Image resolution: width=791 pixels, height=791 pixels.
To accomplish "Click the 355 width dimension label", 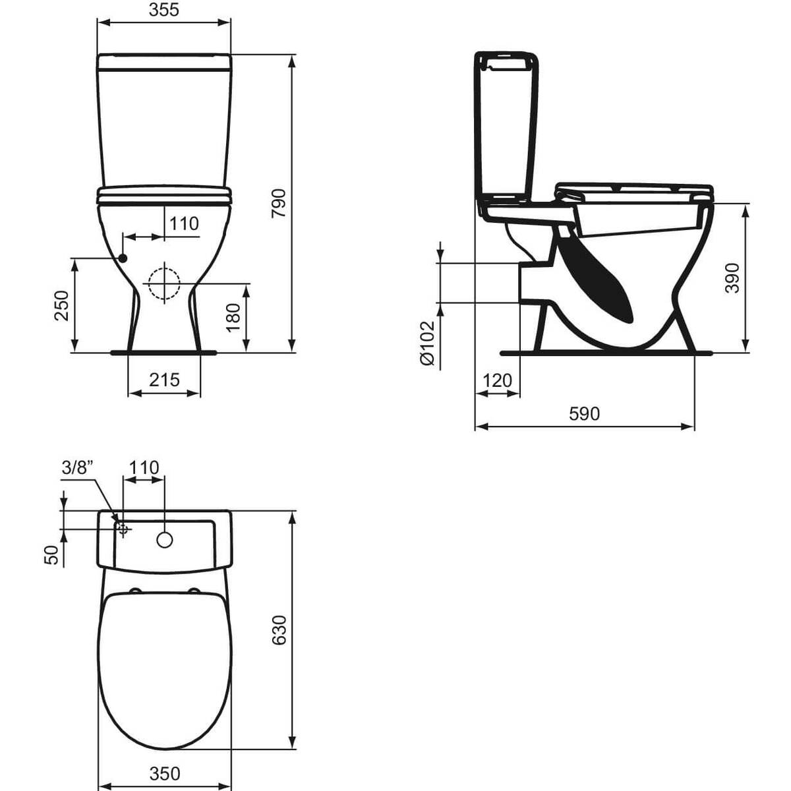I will point(163,9).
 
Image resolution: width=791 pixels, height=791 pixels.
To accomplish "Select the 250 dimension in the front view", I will point(61,305).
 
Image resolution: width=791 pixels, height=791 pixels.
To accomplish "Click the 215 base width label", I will point(163,380).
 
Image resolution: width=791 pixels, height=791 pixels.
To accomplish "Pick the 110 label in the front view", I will point(183,224).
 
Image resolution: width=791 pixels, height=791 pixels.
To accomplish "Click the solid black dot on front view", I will point(123,258).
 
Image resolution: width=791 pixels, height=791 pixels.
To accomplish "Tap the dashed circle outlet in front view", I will point(163,284).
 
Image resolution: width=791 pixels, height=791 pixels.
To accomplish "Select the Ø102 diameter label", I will point(426,343).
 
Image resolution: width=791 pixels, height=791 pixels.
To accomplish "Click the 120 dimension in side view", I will point(497,380).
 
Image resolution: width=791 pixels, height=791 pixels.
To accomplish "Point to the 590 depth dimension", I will point(584,413).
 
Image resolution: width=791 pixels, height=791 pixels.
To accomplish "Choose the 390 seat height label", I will point(732,278).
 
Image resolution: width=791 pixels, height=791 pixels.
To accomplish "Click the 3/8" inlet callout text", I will point(78,468).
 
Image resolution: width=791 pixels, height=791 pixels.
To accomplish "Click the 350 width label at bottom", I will point(163,773).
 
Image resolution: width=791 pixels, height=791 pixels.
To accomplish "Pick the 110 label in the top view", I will point(144,467).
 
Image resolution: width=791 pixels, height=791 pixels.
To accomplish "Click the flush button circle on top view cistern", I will point(164,540).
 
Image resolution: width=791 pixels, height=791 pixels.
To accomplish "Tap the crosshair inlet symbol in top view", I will point(123,528).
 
